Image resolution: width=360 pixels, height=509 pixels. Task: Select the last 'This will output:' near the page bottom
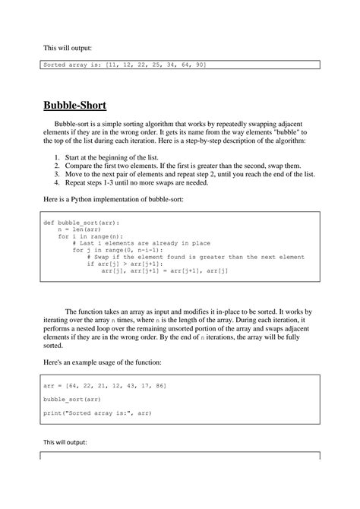65,442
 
